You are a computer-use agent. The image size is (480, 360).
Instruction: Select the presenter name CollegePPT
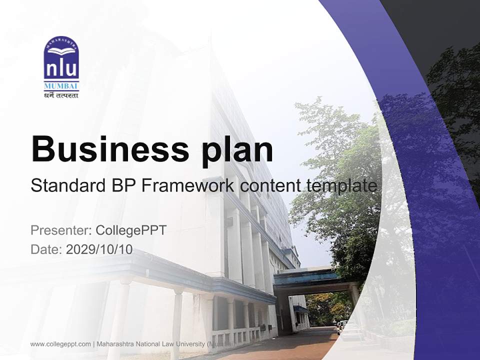click(x=130, y=230)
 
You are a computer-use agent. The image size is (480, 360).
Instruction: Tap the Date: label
click(x=46, y=249)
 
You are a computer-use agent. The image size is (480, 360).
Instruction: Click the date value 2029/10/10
click(x=99, y=249)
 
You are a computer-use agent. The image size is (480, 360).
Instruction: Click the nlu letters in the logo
click(x=61, y=68)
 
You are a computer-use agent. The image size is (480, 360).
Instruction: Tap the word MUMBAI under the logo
click(x=61, y=85)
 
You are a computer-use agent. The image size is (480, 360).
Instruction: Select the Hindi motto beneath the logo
click(x=61, y=94)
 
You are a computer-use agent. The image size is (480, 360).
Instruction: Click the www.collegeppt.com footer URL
click(x=60, y=344)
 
